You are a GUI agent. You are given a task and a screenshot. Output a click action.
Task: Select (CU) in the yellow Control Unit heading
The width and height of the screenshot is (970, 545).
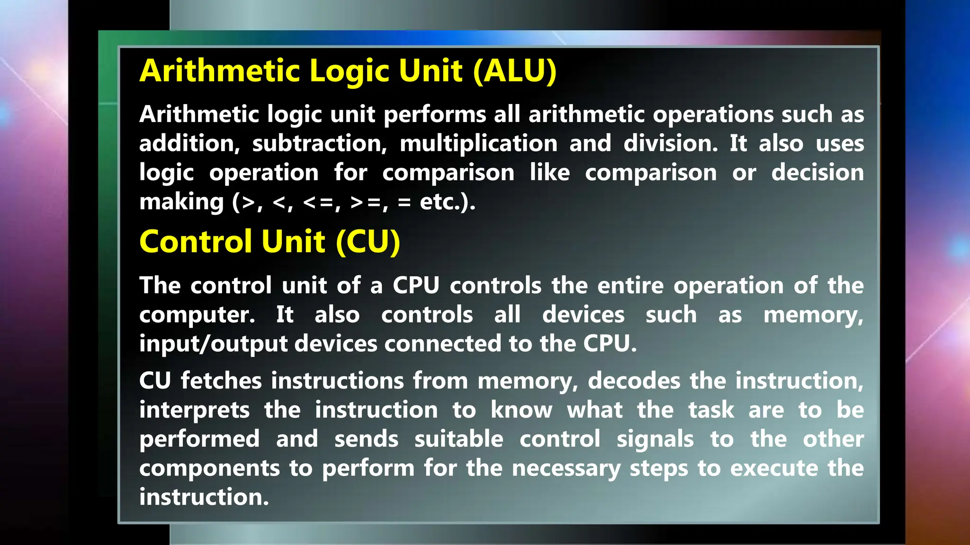pyautogui.click(x=368, y=242)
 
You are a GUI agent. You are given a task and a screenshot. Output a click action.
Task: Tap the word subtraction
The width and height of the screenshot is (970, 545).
pyautogui.click(x=319, y=143)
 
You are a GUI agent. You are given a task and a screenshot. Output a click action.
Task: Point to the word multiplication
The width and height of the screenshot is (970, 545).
pyautogui.click(x=478, y=143)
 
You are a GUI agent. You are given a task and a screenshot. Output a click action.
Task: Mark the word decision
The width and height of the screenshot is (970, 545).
pyautogui.click(x=817, y=172)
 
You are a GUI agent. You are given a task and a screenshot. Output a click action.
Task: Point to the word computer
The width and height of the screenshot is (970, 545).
pyautogui.click(x=197, y=315)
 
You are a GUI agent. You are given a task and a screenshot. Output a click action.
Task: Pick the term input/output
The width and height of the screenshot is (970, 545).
pyautogui.click(x=213, y=344)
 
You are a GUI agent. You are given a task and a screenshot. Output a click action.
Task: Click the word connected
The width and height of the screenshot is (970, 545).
pyautogui.click(x=443, y=343)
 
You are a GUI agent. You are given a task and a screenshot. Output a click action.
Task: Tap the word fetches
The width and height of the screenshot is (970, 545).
pyautogui.click(x=221, y=381)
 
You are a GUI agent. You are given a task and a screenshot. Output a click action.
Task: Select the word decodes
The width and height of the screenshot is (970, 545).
pyautogui.click(x=634, y=381)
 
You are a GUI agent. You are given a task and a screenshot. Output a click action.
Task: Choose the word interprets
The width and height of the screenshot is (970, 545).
pyautogui.click(x=194, y=411)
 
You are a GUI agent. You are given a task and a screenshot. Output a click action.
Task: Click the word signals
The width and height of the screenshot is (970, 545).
pyautogui.click(x=655, y=440)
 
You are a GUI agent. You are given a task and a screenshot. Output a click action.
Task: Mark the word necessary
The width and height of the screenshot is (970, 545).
pyautogui.click(x=566, y=469)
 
